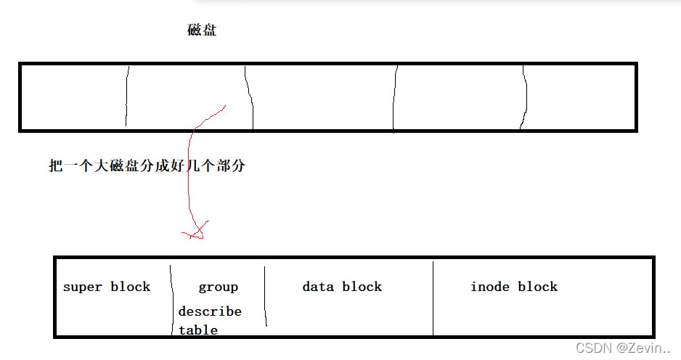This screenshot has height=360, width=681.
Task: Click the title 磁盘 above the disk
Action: (202, 30)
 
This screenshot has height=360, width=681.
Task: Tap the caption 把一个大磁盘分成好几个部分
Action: (147, 166)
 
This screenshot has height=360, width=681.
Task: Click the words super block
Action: (107, 287)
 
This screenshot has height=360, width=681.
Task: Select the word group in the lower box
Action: (218, 287)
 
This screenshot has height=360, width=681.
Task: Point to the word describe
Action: (210, 311)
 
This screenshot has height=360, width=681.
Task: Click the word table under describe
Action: (198, 330)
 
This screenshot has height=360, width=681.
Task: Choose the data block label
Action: (342, 287)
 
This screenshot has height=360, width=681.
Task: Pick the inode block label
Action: (514, 287)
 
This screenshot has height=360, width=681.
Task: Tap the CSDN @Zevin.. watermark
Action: (624, 348)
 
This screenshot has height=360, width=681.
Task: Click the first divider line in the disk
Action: (127, 97)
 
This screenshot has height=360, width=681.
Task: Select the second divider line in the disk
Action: (249, 97)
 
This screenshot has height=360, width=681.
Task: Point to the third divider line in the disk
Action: (395, 97)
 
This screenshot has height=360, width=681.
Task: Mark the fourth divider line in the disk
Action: (524, 97)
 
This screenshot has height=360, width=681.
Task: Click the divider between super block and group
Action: (172, 298)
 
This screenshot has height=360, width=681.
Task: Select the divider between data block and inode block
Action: (433, 298)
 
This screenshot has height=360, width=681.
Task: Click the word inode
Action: (490, 287)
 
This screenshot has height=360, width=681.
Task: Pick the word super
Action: (83, 287)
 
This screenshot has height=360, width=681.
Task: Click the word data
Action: (318, 287)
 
